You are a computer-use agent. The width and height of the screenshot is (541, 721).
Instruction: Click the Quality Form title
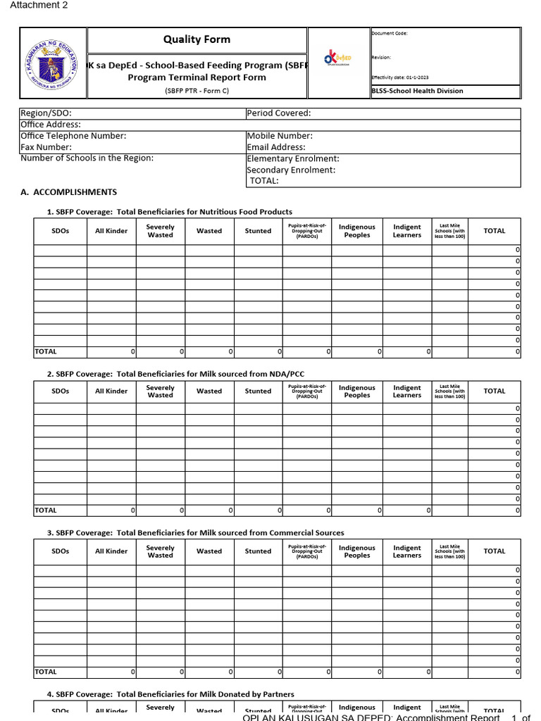pos(197,39)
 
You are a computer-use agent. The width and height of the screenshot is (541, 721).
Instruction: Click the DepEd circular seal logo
pos(53,63)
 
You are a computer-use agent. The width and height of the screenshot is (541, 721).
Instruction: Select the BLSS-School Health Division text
pos(417,91)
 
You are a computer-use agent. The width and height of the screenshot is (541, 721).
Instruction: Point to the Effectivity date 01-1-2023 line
pos(399,77)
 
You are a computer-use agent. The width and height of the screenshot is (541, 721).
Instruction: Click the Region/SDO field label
pos(46,113)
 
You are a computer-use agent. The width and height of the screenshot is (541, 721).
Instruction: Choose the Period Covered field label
pos(279,113)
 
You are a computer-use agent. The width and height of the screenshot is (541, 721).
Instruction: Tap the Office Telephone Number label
pos(73,136)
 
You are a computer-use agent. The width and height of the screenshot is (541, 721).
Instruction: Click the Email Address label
pos(276,147)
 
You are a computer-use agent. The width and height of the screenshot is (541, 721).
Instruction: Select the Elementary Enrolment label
pos(293,159)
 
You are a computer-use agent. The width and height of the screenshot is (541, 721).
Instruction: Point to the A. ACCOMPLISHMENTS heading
pos(69,192)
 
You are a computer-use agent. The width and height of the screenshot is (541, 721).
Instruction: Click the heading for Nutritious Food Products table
pos(169,212)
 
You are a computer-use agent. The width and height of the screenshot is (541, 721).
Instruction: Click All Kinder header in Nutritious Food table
pos(111,231)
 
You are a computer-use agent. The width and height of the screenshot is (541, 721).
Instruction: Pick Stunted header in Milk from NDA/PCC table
pos(258,391)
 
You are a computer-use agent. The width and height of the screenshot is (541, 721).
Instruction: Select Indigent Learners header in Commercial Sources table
pos(406,551)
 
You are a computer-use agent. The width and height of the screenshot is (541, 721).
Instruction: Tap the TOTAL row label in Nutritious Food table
pos(46,351)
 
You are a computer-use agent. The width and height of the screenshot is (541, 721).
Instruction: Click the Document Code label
pos(390,33)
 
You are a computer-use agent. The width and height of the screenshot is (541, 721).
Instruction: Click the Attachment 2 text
pos(34,6)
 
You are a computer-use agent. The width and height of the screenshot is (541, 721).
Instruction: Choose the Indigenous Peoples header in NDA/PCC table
pos(357,391)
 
